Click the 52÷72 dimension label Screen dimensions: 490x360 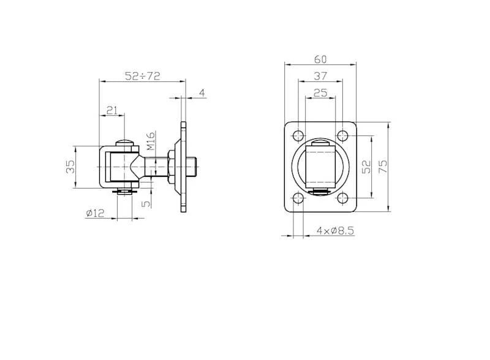(x=143, y=76)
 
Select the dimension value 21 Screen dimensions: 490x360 (x=112, y=110)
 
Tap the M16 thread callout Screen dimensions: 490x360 (x=151, y=141)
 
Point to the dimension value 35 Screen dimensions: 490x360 (x=70, y=167)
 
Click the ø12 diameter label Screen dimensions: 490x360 (x=95, y=213)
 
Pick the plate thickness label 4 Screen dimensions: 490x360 (x=202, y=93)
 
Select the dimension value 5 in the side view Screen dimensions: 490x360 (x=146, y=204)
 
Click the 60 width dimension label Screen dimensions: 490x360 (x=320, y=59)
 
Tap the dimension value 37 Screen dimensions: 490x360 (x=320, y=76)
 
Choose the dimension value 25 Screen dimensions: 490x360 (x=320, y=93)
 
